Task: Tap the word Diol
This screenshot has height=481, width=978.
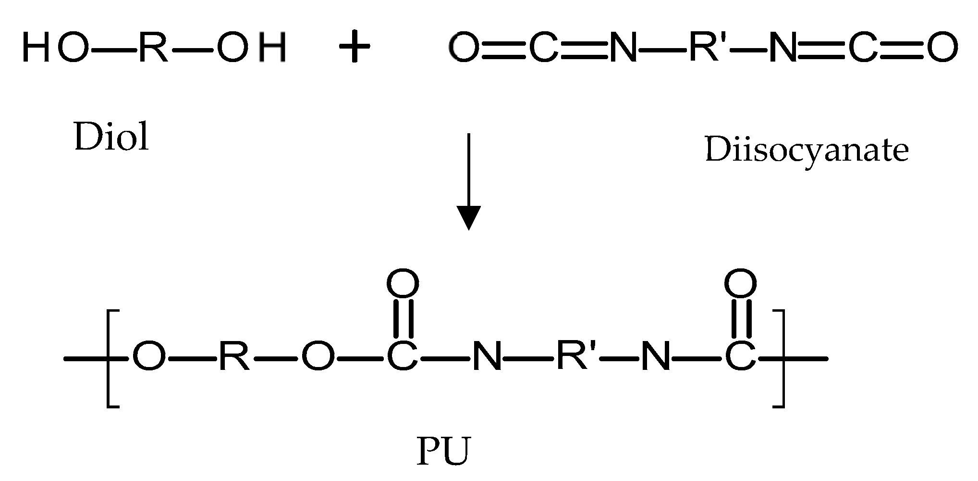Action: tap(111, 137)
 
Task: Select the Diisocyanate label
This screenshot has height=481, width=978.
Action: tap(807, 150)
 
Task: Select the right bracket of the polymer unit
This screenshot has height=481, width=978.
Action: tap(779, 359)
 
